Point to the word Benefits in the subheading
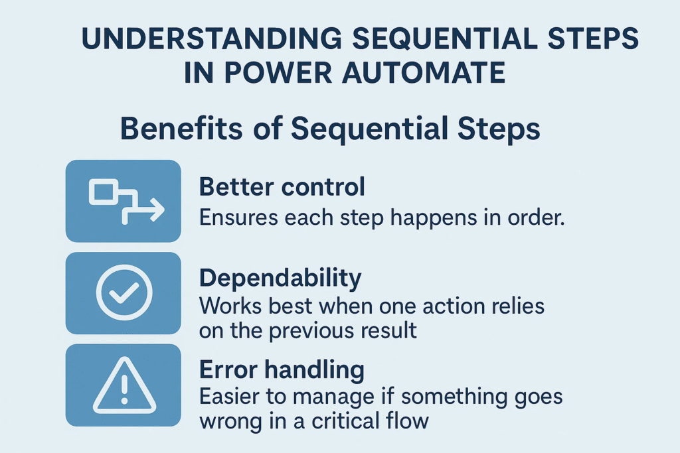pos(181,129)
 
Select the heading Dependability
pos(280,279)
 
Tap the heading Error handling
pos(282,370)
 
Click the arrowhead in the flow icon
pos(157,210)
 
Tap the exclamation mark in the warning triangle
pos(124,389)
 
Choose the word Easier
pos(228,397)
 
